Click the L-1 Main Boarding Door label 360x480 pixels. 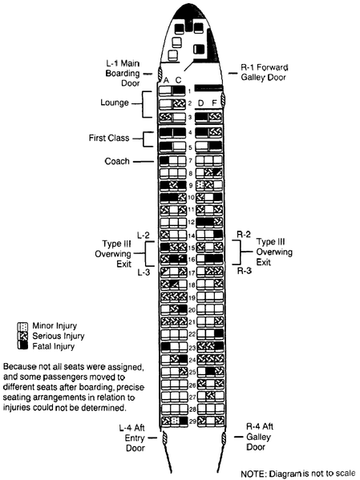(x=123, y=73)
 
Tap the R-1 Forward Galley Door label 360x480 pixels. (x=265, y=72)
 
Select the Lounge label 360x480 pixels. (x=115, y=103)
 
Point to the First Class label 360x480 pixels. (x=109, y=138)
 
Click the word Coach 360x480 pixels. (x=117, y=161)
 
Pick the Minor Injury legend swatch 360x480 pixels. (x=22, y=326)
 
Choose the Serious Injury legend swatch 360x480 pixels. (x=22, y=336)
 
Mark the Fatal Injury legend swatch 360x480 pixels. (x=22, y=346)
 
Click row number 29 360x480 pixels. (x=192, y=422)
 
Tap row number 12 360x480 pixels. (x=191, y=222)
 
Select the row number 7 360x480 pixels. (x=191, y=161)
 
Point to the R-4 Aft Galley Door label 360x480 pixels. (x=259, y=437)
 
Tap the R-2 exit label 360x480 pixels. (x=244, y=235)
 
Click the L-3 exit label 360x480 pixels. (x=144, y=272)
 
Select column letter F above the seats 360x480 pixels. (x=214, y=103)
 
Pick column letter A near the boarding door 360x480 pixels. (x=166, y=80)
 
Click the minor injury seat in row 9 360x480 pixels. (x=200, y=185)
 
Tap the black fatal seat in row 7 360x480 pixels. (x=164, y=160)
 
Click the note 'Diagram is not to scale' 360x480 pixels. (x=297, y=474)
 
